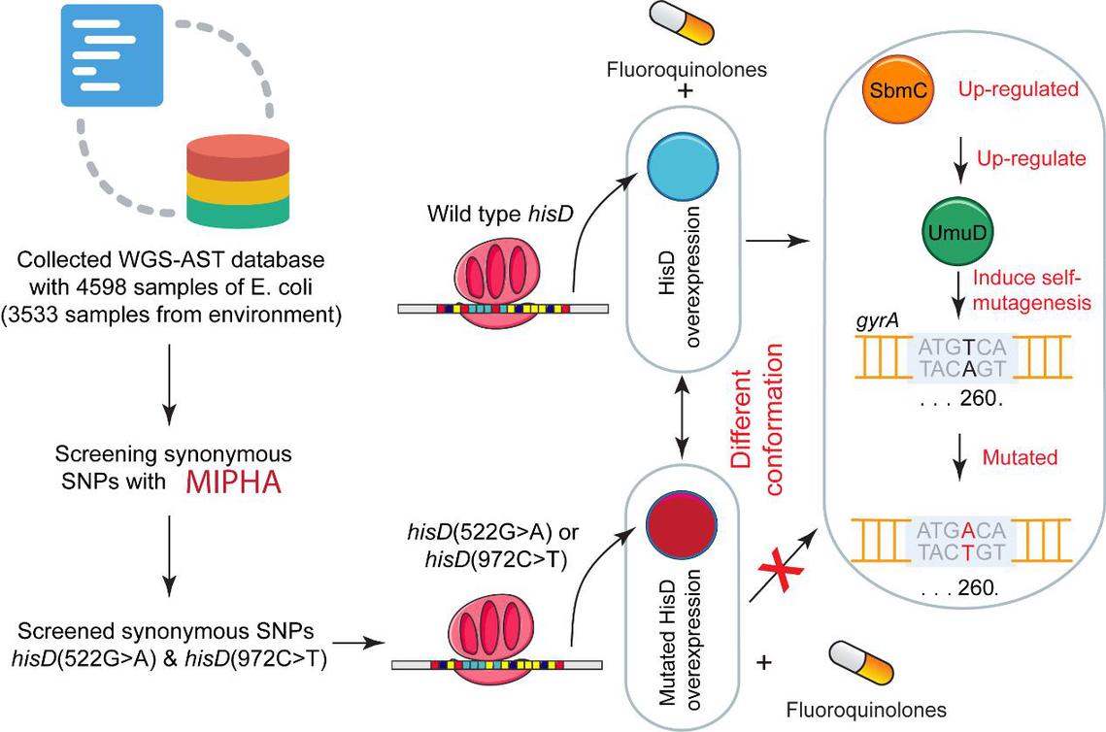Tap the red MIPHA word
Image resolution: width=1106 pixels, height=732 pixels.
click(233, 480)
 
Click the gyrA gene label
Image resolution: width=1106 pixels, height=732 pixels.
click(876, 320)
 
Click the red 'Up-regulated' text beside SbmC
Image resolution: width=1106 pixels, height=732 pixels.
click(1019, 90)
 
